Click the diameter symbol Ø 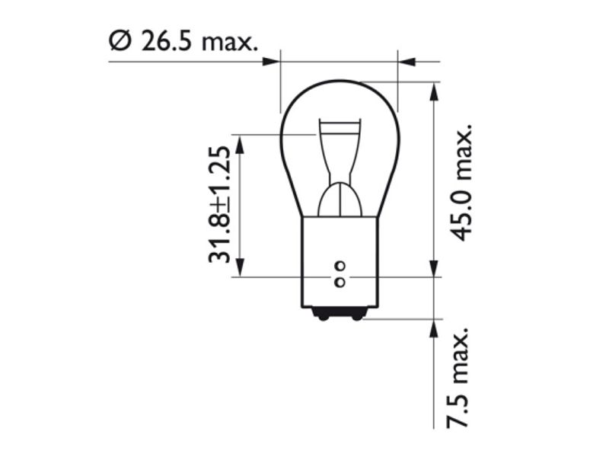120,40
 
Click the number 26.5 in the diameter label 167,40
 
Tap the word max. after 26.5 230,43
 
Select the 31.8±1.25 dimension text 220,205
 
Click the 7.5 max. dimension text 458,378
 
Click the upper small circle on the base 340,267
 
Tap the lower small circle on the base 340,282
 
